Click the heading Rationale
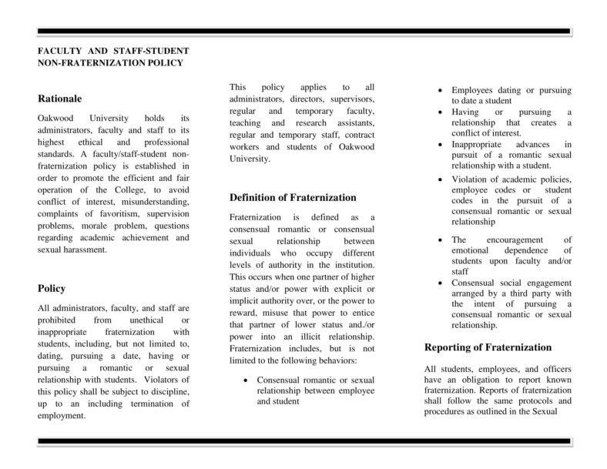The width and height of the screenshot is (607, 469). pos(59,99)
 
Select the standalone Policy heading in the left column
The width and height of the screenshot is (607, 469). pos(52,289)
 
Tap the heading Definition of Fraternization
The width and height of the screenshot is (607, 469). pos(293,197)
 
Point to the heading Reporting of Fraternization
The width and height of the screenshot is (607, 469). pos(488,347)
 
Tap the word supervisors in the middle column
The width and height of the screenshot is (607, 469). pos(349,100)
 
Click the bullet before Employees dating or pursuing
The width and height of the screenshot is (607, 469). pos(440,90)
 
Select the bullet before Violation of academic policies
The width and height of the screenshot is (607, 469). pos(440,179)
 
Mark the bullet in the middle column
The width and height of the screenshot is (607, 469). pos(245,380)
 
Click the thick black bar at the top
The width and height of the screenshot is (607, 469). pos(303,31)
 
